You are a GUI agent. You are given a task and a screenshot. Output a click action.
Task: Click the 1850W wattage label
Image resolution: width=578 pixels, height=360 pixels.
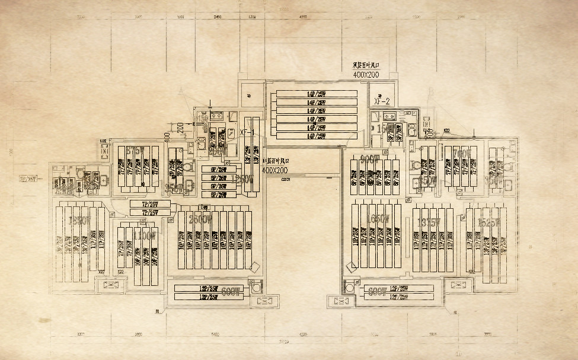click(79, 221)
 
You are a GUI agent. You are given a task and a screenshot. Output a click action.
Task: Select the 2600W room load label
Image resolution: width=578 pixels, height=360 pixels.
click(200, 219)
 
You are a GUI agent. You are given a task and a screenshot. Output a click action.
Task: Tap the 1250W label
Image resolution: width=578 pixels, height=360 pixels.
click(242, 179)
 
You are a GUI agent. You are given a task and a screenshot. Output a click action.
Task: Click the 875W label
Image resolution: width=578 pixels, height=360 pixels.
click(135, 151)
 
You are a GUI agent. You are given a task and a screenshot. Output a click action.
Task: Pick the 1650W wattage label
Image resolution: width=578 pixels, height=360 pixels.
click(378, 219)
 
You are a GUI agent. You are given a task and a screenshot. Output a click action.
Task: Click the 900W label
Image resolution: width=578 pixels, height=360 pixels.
click(369, 158)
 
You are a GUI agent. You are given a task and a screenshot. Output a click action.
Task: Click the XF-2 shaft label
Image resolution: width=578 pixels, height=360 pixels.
click(381, 101)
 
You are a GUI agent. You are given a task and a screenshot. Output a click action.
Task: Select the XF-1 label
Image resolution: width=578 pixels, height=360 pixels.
click(247, 132)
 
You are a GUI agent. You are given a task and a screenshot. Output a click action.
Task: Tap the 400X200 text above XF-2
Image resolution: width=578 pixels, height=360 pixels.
click(366, 75)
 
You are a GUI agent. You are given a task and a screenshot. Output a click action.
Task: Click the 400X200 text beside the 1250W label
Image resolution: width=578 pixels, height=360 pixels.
click(274, 170)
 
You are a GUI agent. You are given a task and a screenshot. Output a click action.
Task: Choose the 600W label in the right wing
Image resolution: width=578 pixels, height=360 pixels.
click(378, 291)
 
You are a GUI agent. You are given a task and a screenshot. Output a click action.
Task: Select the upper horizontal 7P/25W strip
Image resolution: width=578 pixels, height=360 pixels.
click(150, 204)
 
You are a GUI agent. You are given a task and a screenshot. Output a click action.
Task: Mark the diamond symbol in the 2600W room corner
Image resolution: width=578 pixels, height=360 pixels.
click(254, 267)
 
